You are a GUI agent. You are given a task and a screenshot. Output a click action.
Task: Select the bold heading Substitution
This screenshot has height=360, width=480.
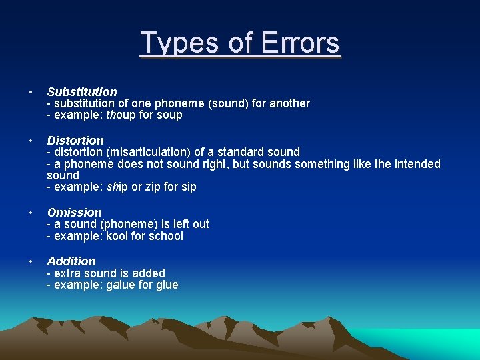(x=82, y=91)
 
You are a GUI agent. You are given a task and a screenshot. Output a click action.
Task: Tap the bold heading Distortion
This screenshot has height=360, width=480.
(x=75, y=140)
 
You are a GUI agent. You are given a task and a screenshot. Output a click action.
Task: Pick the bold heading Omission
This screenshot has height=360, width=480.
(x=74, y=212)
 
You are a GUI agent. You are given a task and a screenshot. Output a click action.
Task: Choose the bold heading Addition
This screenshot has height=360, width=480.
(x=71, y=261)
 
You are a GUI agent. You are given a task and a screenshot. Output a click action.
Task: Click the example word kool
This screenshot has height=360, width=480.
(x=119, y=236)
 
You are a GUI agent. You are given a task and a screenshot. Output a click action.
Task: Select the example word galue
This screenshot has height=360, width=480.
(x=121, y=285)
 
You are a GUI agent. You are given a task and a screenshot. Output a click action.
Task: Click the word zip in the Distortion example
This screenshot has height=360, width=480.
(x=151, y=187)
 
